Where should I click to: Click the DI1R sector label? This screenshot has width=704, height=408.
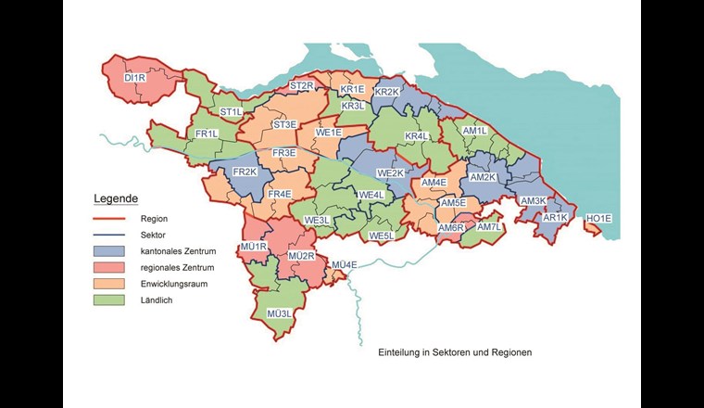point(135,79)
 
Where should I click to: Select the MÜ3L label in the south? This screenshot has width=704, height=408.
point(279,313)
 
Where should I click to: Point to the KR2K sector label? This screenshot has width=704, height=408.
point(386,92)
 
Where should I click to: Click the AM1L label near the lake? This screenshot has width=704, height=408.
point(474,132)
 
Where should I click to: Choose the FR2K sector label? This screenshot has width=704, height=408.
point(245,172)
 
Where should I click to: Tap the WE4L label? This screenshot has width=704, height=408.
point(371,195)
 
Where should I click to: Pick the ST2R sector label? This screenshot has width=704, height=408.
point(302,86)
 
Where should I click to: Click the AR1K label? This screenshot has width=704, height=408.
point(554,218)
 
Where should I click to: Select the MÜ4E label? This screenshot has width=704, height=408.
point(344,265)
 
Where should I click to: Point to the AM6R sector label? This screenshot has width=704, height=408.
point(450,228)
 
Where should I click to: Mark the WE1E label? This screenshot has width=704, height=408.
point(330,133)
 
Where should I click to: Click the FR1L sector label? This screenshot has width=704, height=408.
point(207,134)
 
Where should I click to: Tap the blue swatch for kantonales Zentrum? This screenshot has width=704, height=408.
point(110,251)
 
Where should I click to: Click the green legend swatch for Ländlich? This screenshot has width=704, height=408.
point(110,300)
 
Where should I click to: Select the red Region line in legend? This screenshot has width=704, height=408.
point(110,219)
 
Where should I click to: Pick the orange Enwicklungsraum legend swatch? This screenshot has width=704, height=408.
point(110,284)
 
